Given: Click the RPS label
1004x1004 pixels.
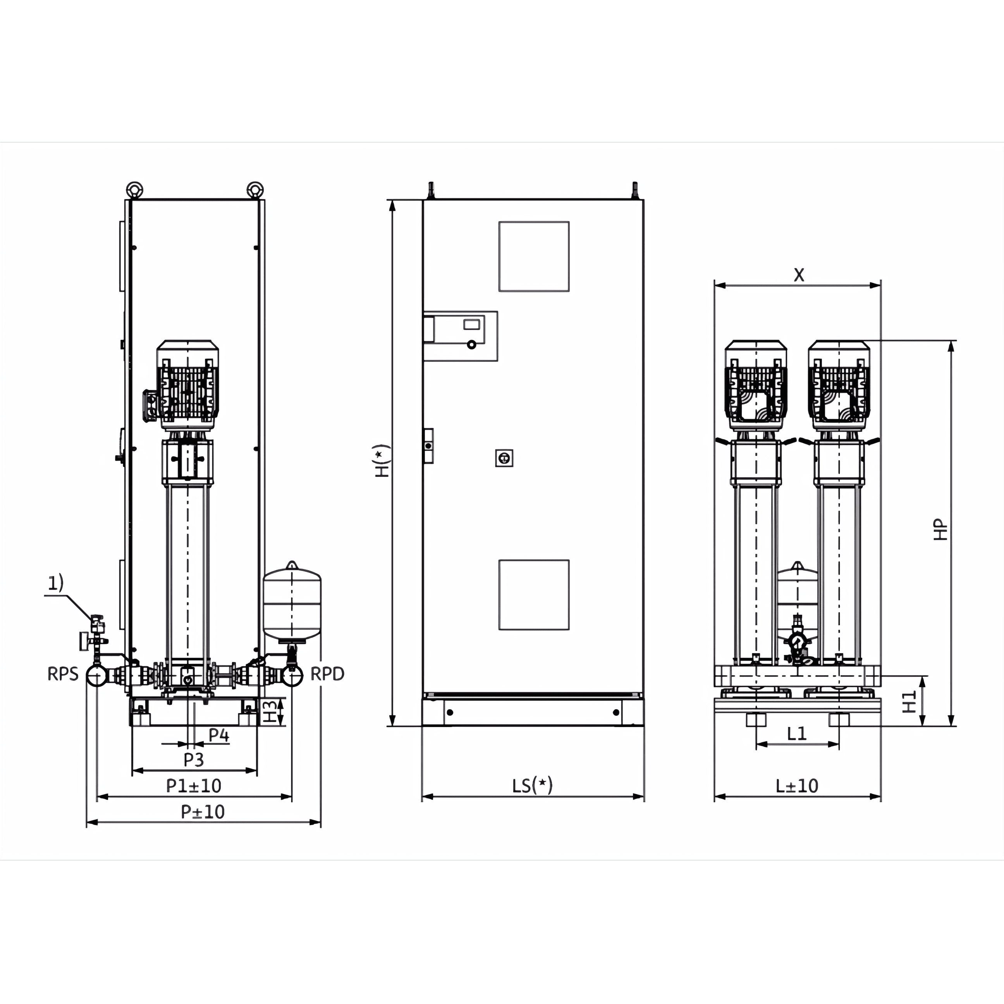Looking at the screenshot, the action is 63,674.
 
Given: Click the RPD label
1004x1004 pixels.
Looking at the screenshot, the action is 327,674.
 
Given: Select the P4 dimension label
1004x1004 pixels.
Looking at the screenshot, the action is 219,735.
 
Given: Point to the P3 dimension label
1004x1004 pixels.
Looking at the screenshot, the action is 194,760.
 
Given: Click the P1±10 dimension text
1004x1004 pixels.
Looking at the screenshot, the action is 194,786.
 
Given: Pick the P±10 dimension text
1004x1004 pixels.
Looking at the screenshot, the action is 203,812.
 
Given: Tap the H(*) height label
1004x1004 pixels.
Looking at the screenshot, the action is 382,461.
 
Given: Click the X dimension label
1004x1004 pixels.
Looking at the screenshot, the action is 799,275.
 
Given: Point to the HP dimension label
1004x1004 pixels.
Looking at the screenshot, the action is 940,530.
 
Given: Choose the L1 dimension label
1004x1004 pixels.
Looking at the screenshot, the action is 797,733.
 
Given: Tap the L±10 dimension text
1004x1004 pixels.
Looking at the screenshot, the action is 797,786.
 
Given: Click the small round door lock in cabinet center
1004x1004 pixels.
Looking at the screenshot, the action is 504,458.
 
